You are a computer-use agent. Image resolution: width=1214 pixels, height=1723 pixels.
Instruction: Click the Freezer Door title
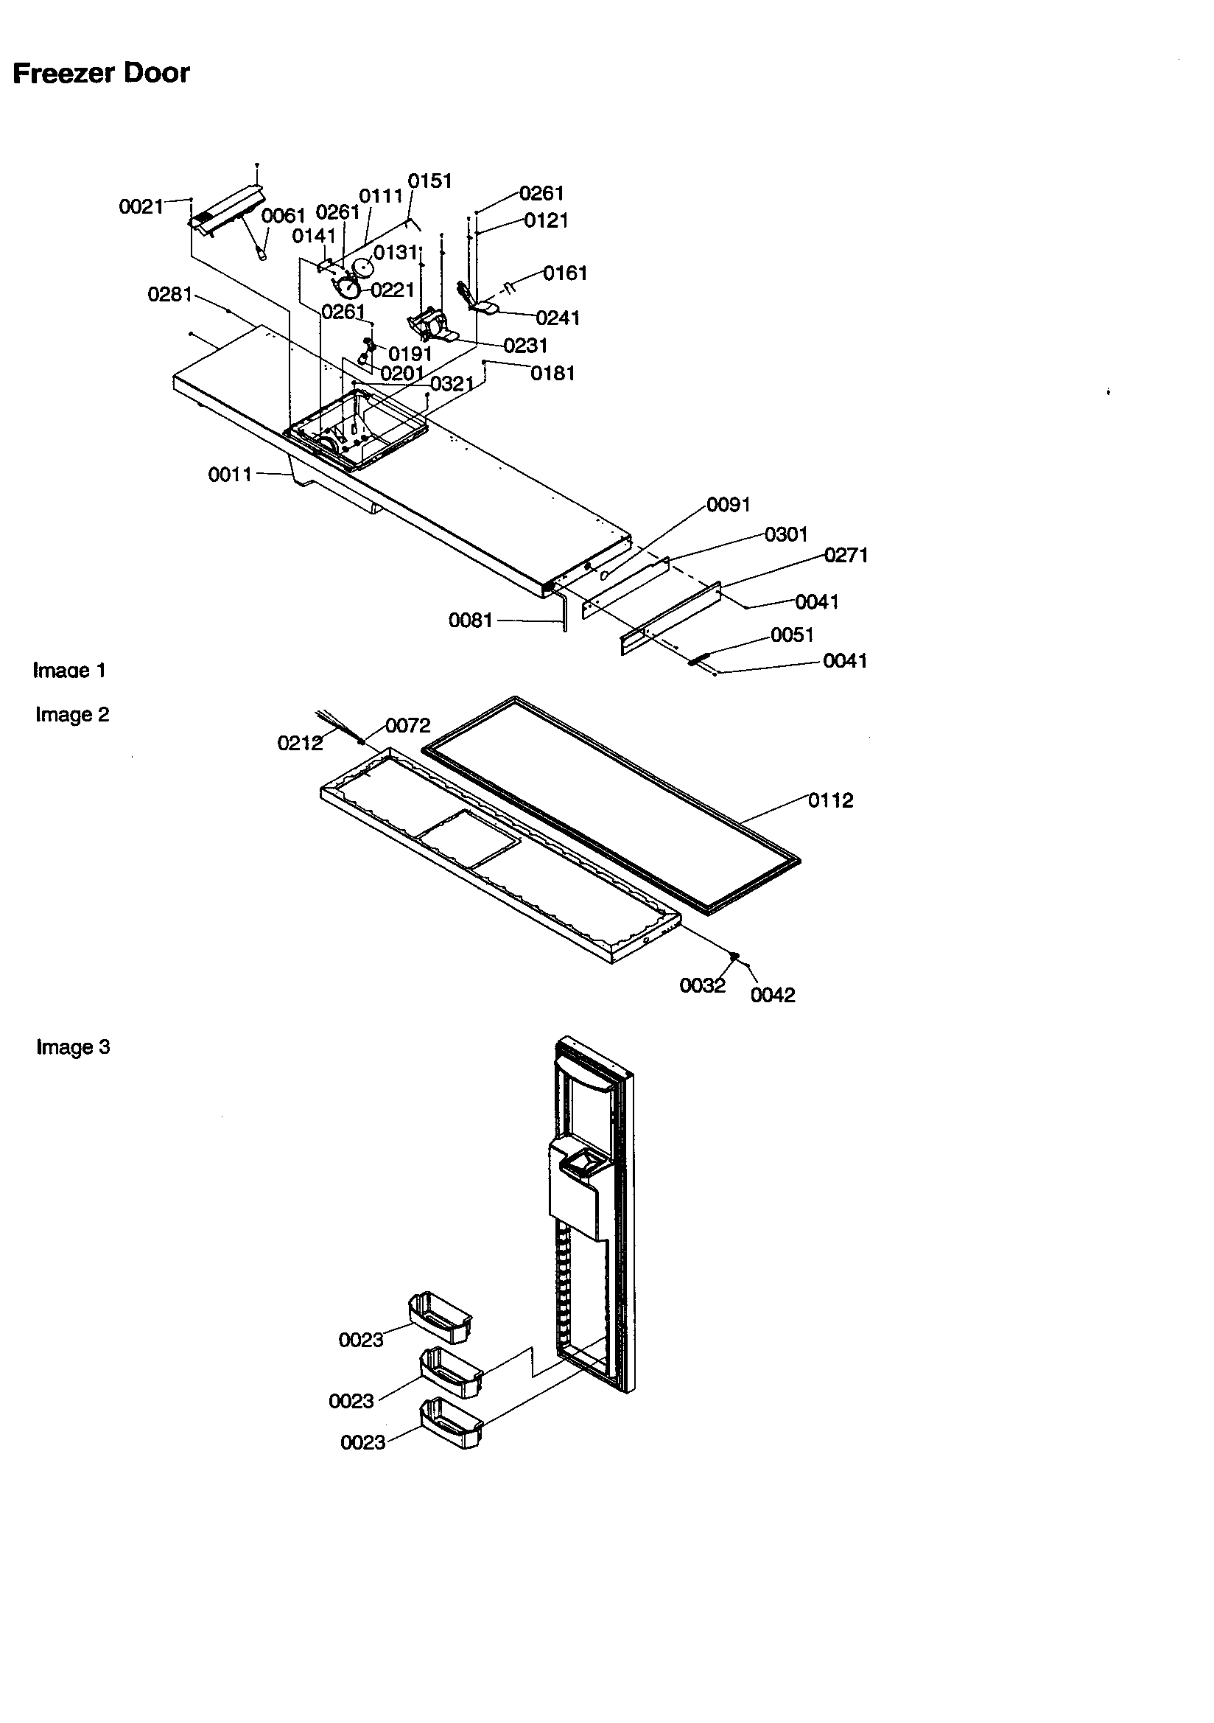[x=102, y=74]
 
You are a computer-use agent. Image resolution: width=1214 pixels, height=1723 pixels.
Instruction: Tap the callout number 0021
[x=141, y=207]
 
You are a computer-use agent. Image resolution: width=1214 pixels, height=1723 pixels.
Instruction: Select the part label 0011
[x=230, y=475]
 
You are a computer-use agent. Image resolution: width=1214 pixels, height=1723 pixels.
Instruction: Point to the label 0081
[x=471, y=620]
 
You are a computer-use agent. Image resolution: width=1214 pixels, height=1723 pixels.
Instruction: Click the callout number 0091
[x=729, y=504]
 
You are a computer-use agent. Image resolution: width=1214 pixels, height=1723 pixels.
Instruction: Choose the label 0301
[x=785, y=534]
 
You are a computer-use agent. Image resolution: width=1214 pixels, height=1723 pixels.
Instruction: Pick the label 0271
[x=846, y=556]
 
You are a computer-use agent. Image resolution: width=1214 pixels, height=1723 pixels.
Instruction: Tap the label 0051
[x=792, y=635]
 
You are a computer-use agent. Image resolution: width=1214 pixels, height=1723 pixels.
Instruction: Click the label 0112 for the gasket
[x=831, y=800]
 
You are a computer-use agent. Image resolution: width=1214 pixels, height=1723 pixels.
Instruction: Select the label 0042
[x=772, y=995]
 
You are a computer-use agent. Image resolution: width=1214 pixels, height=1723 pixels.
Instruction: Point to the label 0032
[x=702, y=986]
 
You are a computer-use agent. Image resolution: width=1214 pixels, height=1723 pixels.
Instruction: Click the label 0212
[x=299, y=743]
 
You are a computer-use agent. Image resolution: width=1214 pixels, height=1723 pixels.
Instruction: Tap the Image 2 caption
[x=72, y=714]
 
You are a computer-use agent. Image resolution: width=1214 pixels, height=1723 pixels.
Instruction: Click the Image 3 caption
[x=73, y=1047]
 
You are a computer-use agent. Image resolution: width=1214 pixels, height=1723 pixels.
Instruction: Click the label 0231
[x=525, y=345]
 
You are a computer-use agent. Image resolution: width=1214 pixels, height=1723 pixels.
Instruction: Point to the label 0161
[x=565, y=273]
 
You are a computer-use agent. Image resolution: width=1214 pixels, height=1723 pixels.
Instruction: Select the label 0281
[x=170, y=294]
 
